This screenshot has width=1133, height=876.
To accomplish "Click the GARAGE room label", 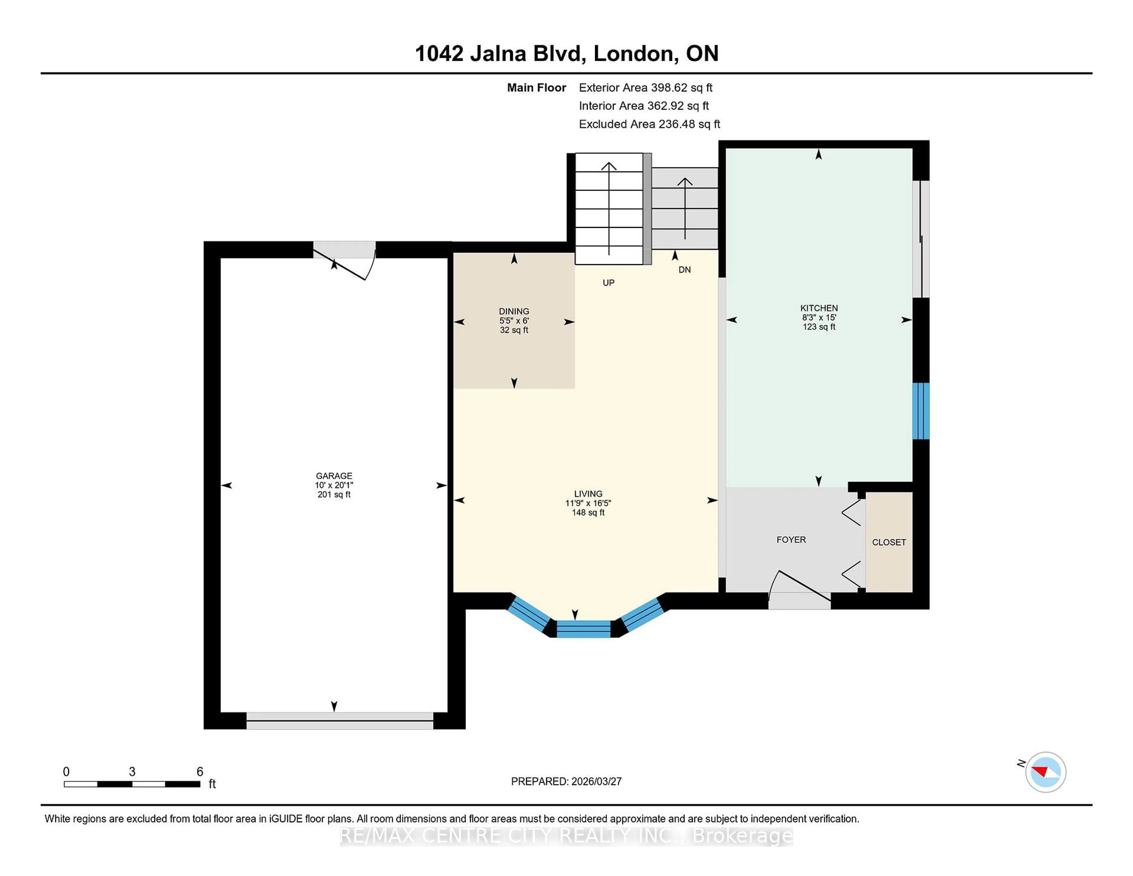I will pos(334,475).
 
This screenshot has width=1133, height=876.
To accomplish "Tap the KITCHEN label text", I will pos(819,308).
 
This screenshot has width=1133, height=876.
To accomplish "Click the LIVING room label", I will pos(588,493).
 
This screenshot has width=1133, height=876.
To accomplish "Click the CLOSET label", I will pos(889,542).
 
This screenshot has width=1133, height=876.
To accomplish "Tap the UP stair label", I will pos(608,283).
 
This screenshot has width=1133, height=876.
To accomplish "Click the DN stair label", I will pos(684,270).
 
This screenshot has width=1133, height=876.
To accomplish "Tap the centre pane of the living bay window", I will pos(584,628).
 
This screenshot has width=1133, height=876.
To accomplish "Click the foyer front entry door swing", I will pos(799,589).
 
